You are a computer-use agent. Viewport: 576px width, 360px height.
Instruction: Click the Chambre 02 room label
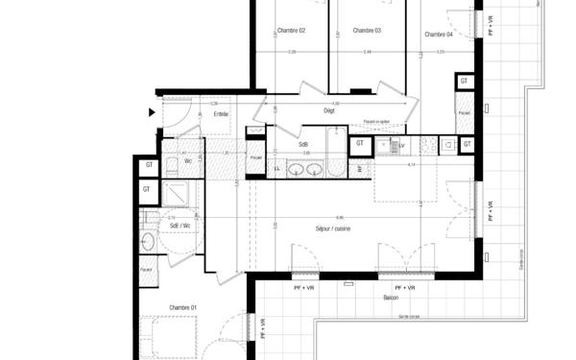click(290, 31)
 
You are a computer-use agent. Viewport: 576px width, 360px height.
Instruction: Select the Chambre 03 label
click(367, 31)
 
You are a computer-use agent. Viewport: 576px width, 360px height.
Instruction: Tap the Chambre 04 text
click(438, 34)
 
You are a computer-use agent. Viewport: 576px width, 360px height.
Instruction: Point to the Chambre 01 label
click(183, 307)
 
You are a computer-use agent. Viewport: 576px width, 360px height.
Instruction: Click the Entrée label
click(222, 114)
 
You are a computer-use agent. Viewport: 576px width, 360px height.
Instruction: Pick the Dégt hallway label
click(329, 111)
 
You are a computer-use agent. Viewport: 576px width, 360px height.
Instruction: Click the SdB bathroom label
click(303, 144)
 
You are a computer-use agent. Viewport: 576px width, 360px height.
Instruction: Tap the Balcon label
click(391, 299)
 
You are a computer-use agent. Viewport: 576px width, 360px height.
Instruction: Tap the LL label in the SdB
click(276, 170)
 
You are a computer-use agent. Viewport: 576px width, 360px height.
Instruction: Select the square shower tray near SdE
click(179, 196)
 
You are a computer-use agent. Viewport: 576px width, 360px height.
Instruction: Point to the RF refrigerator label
click(361, 169)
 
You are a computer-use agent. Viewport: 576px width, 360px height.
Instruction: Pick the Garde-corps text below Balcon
click(410, 316)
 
